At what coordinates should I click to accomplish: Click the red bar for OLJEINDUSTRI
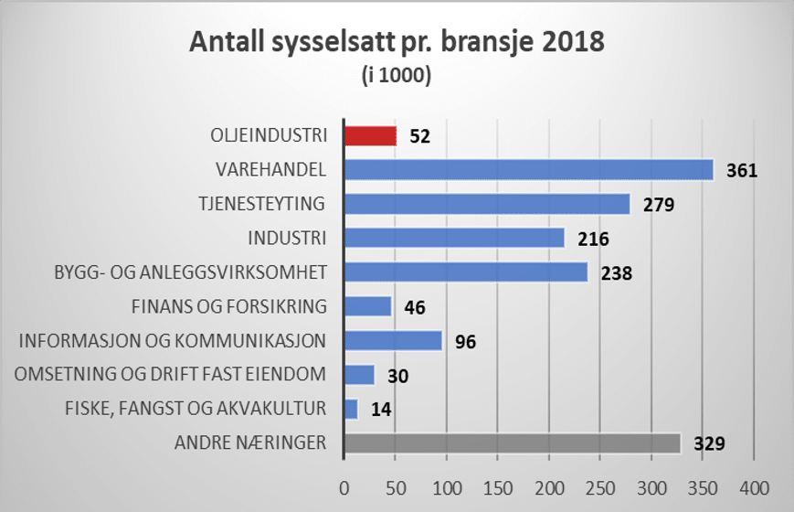tap(370, 135)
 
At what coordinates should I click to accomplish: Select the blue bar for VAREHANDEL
tap(528, 170)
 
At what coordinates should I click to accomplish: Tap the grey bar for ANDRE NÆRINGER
tap(512, 443)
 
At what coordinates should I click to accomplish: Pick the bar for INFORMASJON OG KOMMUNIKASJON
tap(393, 341)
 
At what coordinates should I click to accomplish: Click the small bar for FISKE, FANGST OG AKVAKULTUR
tap(351, 409)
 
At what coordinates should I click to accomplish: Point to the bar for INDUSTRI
tap(453, 238)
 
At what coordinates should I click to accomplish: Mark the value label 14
tap(383, 410)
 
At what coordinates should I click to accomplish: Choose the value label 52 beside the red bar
tap(419, 136)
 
